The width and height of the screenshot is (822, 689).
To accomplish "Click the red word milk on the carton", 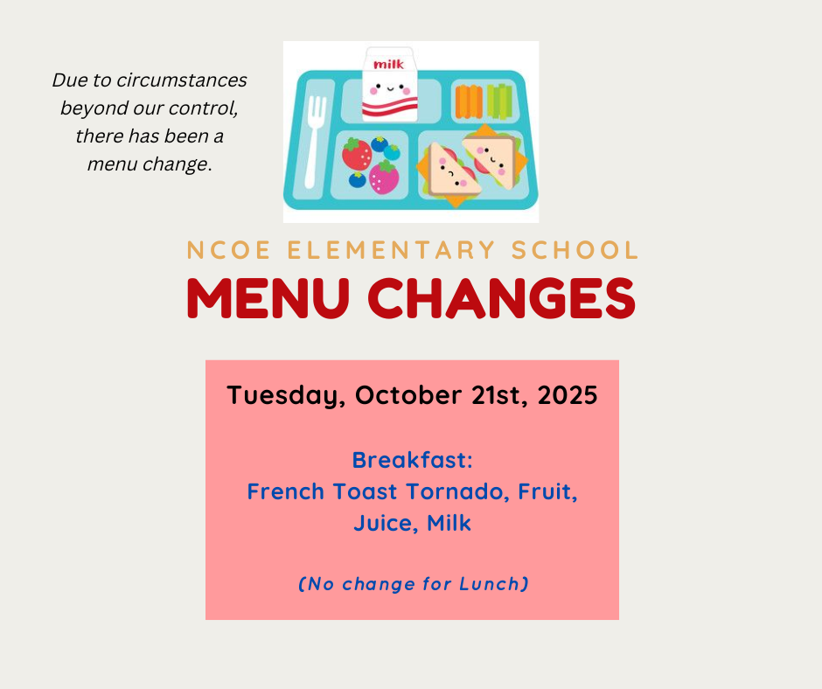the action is coord(388,65).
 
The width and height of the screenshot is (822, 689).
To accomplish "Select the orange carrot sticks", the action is coord(468,101).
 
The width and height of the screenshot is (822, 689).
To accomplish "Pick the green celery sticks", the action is coord(499,101).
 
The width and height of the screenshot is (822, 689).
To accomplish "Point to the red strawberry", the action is coord(357,154).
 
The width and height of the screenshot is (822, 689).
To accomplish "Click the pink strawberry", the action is coord(384,177).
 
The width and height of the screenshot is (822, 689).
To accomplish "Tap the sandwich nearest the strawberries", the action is coord(449,173).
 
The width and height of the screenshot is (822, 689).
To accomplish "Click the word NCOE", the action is coord(228,250).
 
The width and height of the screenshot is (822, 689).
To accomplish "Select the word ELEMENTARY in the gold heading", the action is coord(391,250).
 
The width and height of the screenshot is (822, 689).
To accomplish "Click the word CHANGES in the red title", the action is coord(502,297).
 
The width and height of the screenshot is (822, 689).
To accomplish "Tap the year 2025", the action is coord(568,395).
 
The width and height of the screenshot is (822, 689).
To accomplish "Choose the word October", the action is coord(408,395).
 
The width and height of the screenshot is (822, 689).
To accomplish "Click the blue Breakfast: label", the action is coord(413,460).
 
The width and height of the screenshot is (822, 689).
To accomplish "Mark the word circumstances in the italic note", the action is coord(181,80).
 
